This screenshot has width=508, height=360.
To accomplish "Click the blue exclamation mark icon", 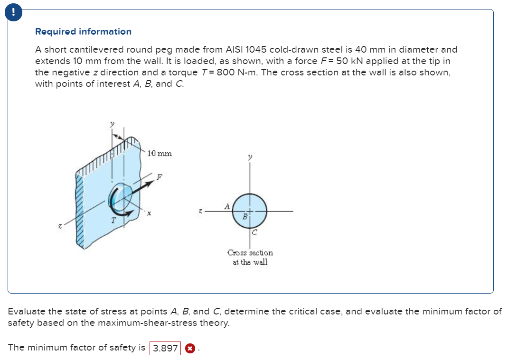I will [x=12, y=13].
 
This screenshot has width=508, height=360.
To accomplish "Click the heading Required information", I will [x=83, y=32].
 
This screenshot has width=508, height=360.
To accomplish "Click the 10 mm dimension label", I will [x=160, y=153].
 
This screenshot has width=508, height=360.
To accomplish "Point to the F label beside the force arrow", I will [x=160, y=176].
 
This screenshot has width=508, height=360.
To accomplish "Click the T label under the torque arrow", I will [x=113, y=220].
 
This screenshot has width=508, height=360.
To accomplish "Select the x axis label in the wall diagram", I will [x=149, y=215].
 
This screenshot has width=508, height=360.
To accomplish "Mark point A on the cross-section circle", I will [x=227, y=206].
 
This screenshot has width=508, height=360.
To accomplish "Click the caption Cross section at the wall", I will [x=250, y=258].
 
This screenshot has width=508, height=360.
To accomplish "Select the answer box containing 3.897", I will [x=165, y=348].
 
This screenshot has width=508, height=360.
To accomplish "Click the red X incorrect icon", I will [x=189, y=348].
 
